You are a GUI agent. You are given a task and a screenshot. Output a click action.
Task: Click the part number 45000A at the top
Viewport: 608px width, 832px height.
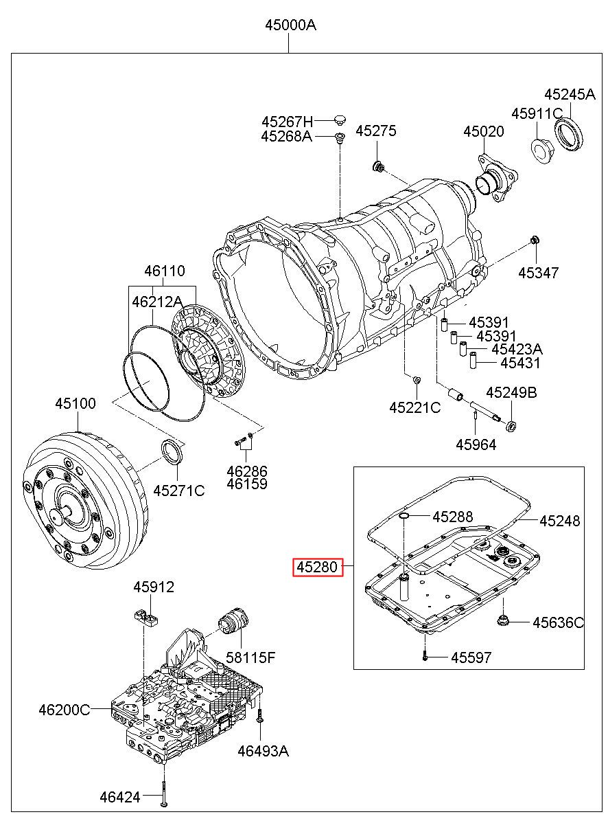click(290, 25)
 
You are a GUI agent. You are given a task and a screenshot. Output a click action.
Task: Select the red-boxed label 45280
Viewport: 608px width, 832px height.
click(318, 567)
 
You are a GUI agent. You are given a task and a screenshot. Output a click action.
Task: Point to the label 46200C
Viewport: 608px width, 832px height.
click(65, 710)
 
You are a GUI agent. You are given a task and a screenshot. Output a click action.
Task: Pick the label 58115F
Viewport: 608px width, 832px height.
click(250, 657)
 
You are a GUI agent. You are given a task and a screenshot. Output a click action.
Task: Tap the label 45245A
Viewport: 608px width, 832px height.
click(570, 95)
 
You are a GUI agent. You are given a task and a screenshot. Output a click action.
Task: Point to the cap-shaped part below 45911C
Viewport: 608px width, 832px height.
click(542, 150)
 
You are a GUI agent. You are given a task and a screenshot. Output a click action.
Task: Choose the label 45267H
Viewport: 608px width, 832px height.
click(287, 122)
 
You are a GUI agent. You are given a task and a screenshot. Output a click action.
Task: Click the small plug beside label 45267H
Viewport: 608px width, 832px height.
click(339, 120)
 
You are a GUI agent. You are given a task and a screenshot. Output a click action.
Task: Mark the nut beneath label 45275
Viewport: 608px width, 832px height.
click(377, 166)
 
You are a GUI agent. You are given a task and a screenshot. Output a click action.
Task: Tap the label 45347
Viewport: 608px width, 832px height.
click(538, 273)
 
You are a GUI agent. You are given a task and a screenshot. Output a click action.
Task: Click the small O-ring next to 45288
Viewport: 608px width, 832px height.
click(404, 515)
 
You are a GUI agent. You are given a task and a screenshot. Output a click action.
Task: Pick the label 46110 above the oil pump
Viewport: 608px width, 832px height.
click(164, 271)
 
